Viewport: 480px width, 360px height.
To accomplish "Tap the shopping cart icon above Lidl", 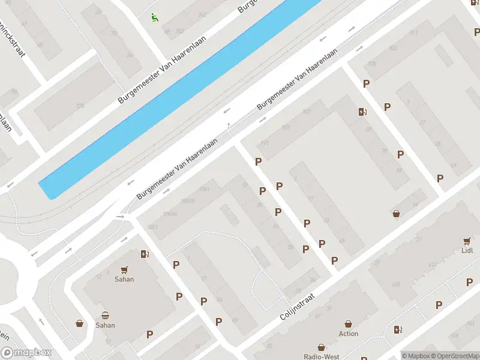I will click(466, 241).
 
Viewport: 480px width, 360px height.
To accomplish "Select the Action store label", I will click(348, 334).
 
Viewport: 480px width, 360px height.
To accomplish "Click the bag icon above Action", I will click(348, 324).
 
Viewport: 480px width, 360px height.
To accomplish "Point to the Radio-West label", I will click(321, 356).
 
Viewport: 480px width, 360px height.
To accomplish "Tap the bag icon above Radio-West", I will click(321, 347).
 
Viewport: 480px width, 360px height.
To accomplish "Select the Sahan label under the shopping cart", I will click(124, 279).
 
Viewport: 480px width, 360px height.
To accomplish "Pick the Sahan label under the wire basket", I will click(105, 325).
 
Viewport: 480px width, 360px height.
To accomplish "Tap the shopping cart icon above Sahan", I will click(124, 269).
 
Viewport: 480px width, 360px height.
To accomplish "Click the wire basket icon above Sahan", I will click(105, 316).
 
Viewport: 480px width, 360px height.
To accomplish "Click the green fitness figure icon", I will click(155, 18).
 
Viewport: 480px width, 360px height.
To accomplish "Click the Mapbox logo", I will click(26, 353).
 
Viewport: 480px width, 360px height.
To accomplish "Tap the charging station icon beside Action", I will click(397, 329).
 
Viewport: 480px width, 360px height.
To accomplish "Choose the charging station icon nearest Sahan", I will click(144, 254).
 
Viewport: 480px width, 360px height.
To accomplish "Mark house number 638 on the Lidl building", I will click(395, 284).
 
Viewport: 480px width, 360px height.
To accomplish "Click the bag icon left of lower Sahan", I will click(79, 324).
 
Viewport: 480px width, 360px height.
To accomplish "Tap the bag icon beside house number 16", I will click(396, 213).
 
